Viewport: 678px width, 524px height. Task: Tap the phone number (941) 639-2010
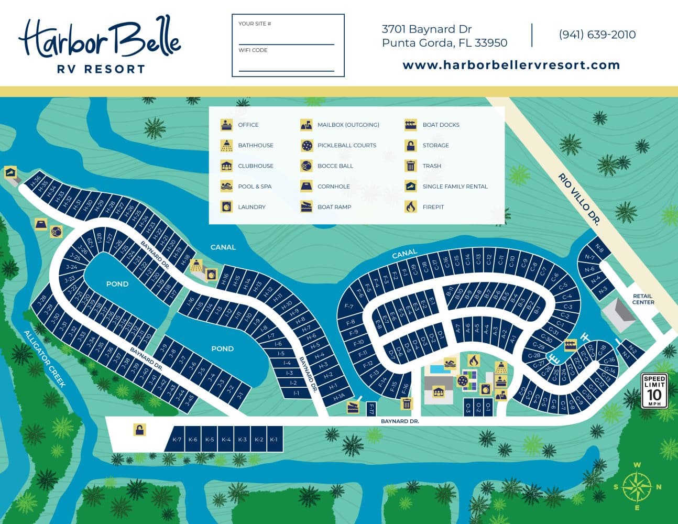597,35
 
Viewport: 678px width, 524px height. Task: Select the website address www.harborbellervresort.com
511,65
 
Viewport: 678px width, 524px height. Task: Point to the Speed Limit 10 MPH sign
654,390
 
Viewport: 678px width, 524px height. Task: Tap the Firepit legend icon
411,206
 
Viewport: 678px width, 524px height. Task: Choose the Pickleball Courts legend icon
307,145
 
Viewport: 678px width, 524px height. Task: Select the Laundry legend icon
226,206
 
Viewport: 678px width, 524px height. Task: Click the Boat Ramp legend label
334,207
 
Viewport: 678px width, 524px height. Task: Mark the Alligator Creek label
45,358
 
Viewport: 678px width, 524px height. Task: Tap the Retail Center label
643,299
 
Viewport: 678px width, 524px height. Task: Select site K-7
177,440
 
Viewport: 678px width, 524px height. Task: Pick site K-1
274,440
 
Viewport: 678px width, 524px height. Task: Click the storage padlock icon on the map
139,430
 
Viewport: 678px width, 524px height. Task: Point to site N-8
599,250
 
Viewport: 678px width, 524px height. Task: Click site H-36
36,182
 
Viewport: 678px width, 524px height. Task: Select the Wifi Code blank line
286,68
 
